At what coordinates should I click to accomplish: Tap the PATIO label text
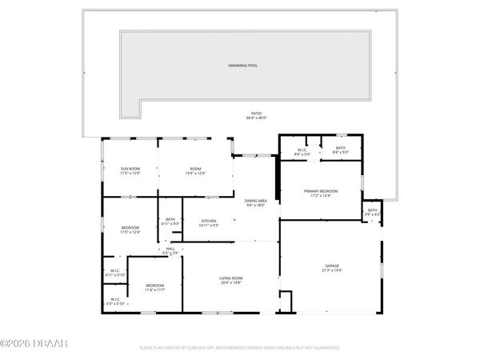tap(255, 114)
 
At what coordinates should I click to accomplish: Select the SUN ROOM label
tap(130, 169)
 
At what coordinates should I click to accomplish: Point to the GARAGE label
tap(332, 265)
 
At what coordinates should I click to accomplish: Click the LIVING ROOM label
tap(231, 278)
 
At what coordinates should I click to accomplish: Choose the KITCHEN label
tap(209, 221)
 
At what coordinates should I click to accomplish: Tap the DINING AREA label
tap(256, 201)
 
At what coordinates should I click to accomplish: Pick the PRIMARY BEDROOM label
tap(321, 191)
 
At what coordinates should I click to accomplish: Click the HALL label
tap(170, 249)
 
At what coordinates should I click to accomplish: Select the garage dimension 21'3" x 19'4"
tap(332, 270)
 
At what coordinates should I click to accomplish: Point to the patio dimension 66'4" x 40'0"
tap(255, 118)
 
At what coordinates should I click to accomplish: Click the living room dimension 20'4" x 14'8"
tap(231, 283)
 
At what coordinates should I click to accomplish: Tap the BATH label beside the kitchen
tap(170, 219)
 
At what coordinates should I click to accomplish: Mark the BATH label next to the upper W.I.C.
tap(341, 148)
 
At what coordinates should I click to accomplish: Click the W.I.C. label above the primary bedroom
tap(303, 148)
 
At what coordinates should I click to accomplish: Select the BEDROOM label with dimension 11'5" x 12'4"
tap(130, 228)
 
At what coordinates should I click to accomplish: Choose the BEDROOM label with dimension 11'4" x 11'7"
tap(155, 286)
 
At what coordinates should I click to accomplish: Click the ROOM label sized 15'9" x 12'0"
tap(196, 169)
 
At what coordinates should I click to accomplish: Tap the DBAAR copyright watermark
tap(34, 345)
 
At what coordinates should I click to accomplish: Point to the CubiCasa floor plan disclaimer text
tap(239, 348)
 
